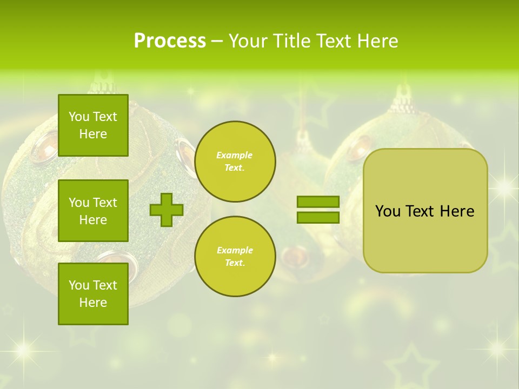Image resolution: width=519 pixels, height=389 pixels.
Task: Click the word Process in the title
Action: click(x=170, y=41)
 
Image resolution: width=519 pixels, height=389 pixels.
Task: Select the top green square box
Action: click(x=93, y=125)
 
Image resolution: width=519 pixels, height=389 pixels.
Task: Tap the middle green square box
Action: click(x=93, y=211)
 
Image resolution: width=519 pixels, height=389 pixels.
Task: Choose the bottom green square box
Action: click(x=93, y=294)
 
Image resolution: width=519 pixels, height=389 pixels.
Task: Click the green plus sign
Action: click(x=167, y=210)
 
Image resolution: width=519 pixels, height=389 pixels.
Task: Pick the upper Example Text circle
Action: click(x=235, y=162)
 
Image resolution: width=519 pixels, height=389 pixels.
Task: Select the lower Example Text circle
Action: click(x=235, y=257)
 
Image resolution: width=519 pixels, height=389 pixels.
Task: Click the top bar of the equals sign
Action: click(x=318, y=202)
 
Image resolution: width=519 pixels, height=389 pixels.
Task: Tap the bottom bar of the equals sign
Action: click(x=318, y=217)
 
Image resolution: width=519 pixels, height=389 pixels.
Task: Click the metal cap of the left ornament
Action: click(x=103, y=86)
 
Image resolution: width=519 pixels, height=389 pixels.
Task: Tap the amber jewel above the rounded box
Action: click(x=359, y=147)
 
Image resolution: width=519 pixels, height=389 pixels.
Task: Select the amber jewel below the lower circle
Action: click(x=297, y=254)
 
